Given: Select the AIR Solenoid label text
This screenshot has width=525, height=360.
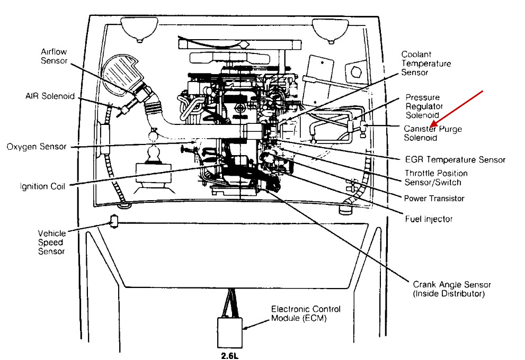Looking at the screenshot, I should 50,97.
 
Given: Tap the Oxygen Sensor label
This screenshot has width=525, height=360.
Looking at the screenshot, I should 37,147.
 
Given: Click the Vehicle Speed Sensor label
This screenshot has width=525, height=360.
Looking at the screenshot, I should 51,241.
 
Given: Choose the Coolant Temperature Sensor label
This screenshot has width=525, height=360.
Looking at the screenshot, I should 426,64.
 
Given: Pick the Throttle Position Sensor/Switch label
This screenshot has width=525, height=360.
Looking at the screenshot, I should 436,178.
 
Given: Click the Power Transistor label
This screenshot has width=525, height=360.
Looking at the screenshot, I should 434,199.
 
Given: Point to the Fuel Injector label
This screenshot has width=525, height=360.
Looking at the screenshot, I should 429,219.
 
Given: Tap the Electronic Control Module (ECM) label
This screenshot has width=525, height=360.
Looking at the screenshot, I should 306,313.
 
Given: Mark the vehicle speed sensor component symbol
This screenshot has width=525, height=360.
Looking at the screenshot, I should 113,221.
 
